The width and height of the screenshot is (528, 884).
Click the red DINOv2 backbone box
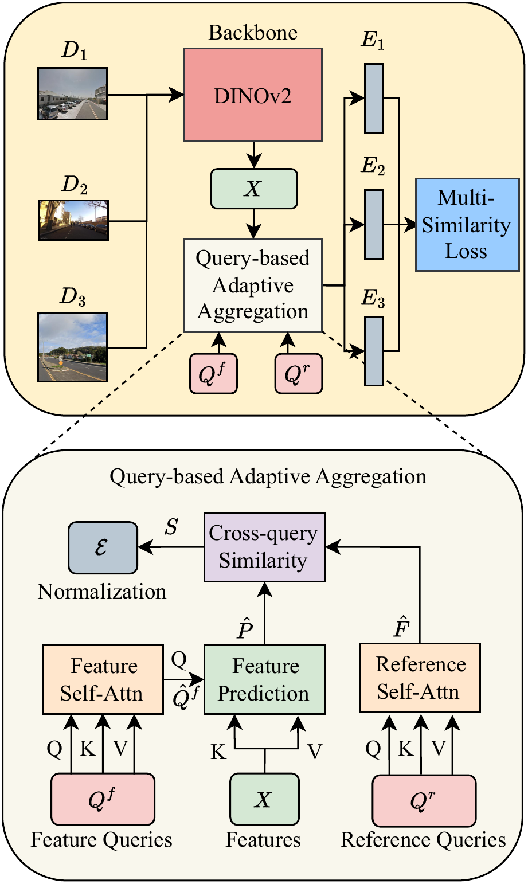[253, 95]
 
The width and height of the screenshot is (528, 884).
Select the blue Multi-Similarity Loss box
[467, 224]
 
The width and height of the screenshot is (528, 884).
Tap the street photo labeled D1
[72, 93]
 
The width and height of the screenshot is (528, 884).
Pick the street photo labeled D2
[73, 220]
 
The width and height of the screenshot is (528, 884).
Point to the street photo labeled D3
[73, 347]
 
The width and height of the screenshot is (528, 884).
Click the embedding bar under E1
[374, 99]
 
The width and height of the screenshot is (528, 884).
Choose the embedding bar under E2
[374, 225]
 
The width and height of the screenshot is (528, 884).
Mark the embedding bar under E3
[374, 351]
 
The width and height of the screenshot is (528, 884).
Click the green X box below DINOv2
[254, 189]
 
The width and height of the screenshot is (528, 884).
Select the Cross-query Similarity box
[264, 547]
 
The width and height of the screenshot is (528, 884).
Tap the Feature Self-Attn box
[103, 680]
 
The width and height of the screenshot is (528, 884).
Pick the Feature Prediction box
[264, 680]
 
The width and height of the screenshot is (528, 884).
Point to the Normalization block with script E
[103, 547]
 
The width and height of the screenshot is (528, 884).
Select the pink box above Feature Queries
[103, 799]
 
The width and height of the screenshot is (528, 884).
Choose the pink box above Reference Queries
[424, 800]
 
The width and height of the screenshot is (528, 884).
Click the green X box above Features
[264, 799]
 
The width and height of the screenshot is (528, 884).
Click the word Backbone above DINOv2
[253, 33]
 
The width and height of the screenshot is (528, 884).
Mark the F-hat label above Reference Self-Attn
[401, 628]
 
